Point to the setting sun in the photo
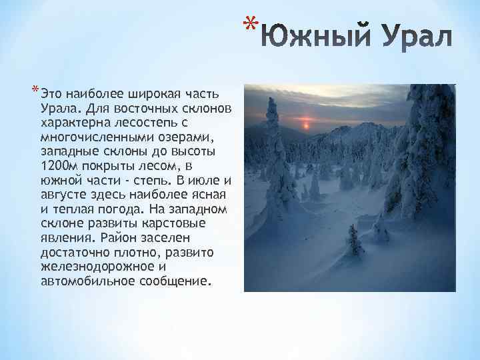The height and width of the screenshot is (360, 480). coord(307,125)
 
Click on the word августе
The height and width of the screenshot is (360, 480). coord(63,195)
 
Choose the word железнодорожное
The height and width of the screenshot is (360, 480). coord(94,267)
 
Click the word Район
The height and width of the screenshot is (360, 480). coord(121,237)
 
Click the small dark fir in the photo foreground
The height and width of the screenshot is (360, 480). coord(354,241)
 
